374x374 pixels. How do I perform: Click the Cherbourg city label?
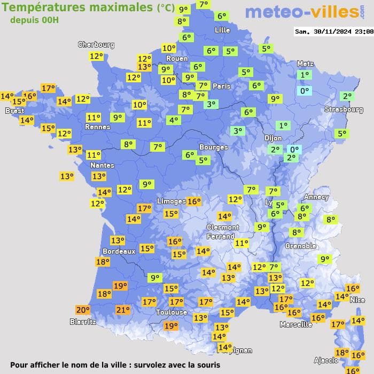point(96,45)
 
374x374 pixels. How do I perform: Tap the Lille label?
point(222,30)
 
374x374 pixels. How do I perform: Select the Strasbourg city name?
point(344,110)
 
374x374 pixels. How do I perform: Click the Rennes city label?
point(97,127)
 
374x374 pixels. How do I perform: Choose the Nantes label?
point(102,166)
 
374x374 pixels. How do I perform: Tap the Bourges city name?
point(213,147)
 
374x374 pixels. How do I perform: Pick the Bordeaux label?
point(118,251)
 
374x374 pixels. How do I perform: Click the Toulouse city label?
point(172,312)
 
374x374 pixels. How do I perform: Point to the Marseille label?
point(296,324)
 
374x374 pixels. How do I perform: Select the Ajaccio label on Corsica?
point(326,360)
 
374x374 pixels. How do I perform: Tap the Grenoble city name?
point(301,246)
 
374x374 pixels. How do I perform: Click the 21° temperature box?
point(123,309)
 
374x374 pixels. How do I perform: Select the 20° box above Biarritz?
point(82,310)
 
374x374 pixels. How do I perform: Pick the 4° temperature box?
point(173,120)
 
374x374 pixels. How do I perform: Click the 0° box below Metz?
point(305,91)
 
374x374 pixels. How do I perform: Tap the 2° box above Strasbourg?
point(347,96)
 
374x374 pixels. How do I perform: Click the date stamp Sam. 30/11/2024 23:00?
point(334,32)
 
